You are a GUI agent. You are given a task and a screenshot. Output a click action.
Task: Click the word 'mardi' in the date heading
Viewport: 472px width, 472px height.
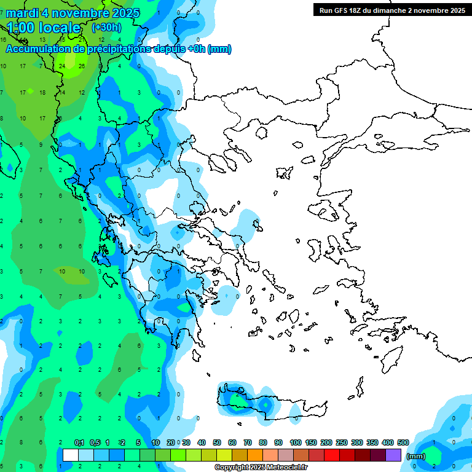tap(23, 13)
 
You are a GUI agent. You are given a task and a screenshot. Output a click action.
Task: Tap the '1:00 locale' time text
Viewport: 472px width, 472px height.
tap(44, 28)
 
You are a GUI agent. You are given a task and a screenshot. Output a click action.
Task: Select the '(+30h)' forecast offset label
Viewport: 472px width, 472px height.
tap(106, 28)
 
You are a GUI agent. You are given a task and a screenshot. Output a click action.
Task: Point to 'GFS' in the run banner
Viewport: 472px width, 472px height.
tap(343, 10)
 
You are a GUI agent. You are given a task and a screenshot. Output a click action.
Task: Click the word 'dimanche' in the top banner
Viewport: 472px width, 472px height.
tap(390, 10)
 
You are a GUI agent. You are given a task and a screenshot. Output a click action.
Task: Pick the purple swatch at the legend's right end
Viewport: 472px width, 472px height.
tap(394, 455)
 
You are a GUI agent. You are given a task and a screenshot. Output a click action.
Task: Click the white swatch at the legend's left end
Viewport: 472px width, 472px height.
tap(71, 455)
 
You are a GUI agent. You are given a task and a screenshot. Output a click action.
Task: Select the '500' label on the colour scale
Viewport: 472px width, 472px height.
tap(403, 442)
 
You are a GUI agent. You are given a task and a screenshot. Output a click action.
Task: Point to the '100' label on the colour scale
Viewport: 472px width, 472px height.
tap(296, 442)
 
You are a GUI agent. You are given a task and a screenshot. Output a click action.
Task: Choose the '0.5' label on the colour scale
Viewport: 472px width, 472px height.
tap(95, 442)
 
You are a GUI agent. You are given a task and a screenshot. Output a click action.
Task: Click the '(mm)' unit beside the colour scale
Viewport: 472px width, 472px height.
tap(416, 456)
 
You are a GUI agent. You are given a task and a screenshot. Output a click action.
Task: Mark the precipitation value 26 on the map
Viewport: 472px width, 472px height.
tap(82, 66)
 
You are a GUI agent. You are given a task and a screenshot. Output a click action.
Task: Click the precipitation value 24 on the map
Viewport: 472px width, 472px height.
tap(62, 66)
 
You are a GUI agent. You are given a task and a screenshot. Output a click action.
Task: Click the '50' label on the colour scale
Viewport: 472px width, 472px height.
tap(217, 442)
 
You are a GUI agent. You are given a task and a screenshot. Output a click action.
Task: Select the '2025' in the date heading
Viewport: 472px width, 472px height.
tap(124, 13)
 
